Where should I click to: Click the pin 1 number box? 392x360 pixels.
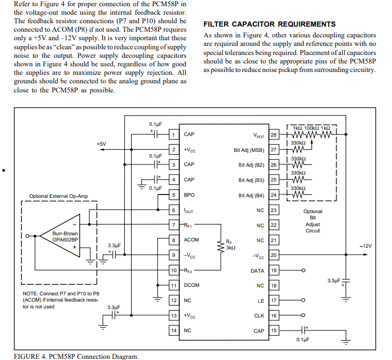(174, 135)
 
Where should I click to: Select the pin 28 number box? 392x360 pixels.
(274, 135)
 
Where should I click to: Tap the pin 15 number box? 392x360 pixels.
(274, 331)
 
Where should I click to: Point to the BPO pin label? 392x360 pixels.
(189, 195)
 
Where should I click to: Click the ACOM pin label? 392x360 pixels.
(191, 240)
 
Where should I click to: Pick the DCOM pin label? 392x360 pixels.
(192, 285)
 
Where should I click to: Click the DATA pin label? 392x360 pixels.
(257, 271)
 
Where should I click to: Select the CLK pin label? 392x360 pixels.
(259, 316)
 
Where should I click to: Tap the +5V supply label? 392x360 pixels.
(101, 144)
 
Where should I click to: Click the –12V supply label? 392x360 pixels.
(365, 246)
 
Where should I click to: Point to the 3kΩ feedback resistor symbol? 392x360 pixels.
(221, 247)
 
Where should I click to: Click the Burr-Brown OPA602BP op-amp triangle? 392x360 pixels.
(60, 236)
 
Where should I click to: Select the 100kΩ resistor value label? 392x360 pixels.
(311, 128)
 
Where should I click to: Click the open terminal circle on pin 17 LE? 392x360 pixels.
(304, 300)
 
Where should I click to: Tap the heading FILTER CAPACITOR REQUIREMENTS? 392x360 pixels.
(269, 24)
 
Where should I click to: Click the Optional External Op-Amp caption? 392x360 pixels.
(58, 196)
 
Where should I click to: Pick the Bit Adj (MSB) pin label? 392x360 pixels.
(248, 150)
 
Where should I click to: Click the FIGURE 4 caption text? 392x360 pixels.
(76, 356)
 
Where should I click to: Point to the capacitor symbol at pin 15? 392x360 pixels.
(304, 331)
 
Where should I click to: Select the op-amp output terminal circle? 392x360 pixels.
(27, 236)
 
